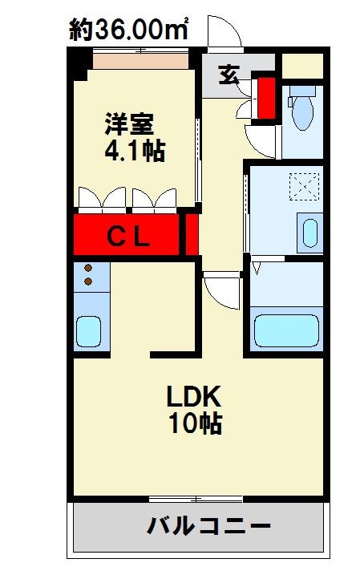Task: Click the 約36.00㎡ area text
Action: coord(129,30)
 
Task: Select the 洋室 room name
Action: coord(129,124)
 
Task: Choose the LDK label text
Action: coord(193,396)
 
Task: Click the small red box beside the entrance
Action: coord(266,94)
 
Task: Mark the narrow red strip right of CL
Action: coord(192,234)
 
